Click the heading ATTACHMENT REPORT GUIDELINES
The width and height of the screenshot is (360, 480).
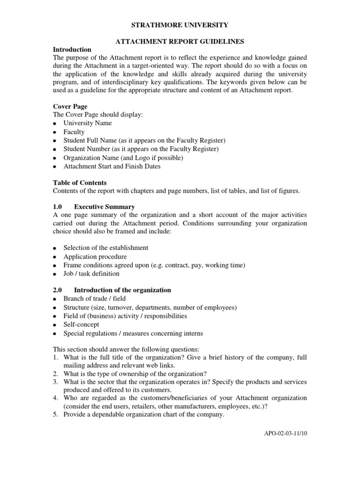pos(180,42)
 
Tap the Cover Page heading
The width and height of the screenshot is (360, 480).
pos(70,107)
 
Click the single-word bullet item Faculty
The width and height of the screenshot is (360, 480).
pos(74,132)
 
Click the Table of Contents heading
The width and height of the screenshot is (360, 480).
pos(80,183)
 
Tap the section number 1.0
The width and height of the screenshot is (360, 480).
pos(58,207)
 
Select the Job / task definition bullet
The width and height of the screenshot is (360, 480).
pos(91,274)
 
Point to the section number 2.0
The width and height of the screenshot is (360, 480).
pos(58,290)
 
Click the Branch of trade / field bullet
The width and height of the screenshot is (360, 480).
pos(95,299)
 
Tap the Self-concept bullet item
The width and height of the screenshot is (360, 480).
pos(81,324)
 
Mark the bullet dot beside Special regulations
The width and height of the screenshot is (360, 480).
pos(55,334)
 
